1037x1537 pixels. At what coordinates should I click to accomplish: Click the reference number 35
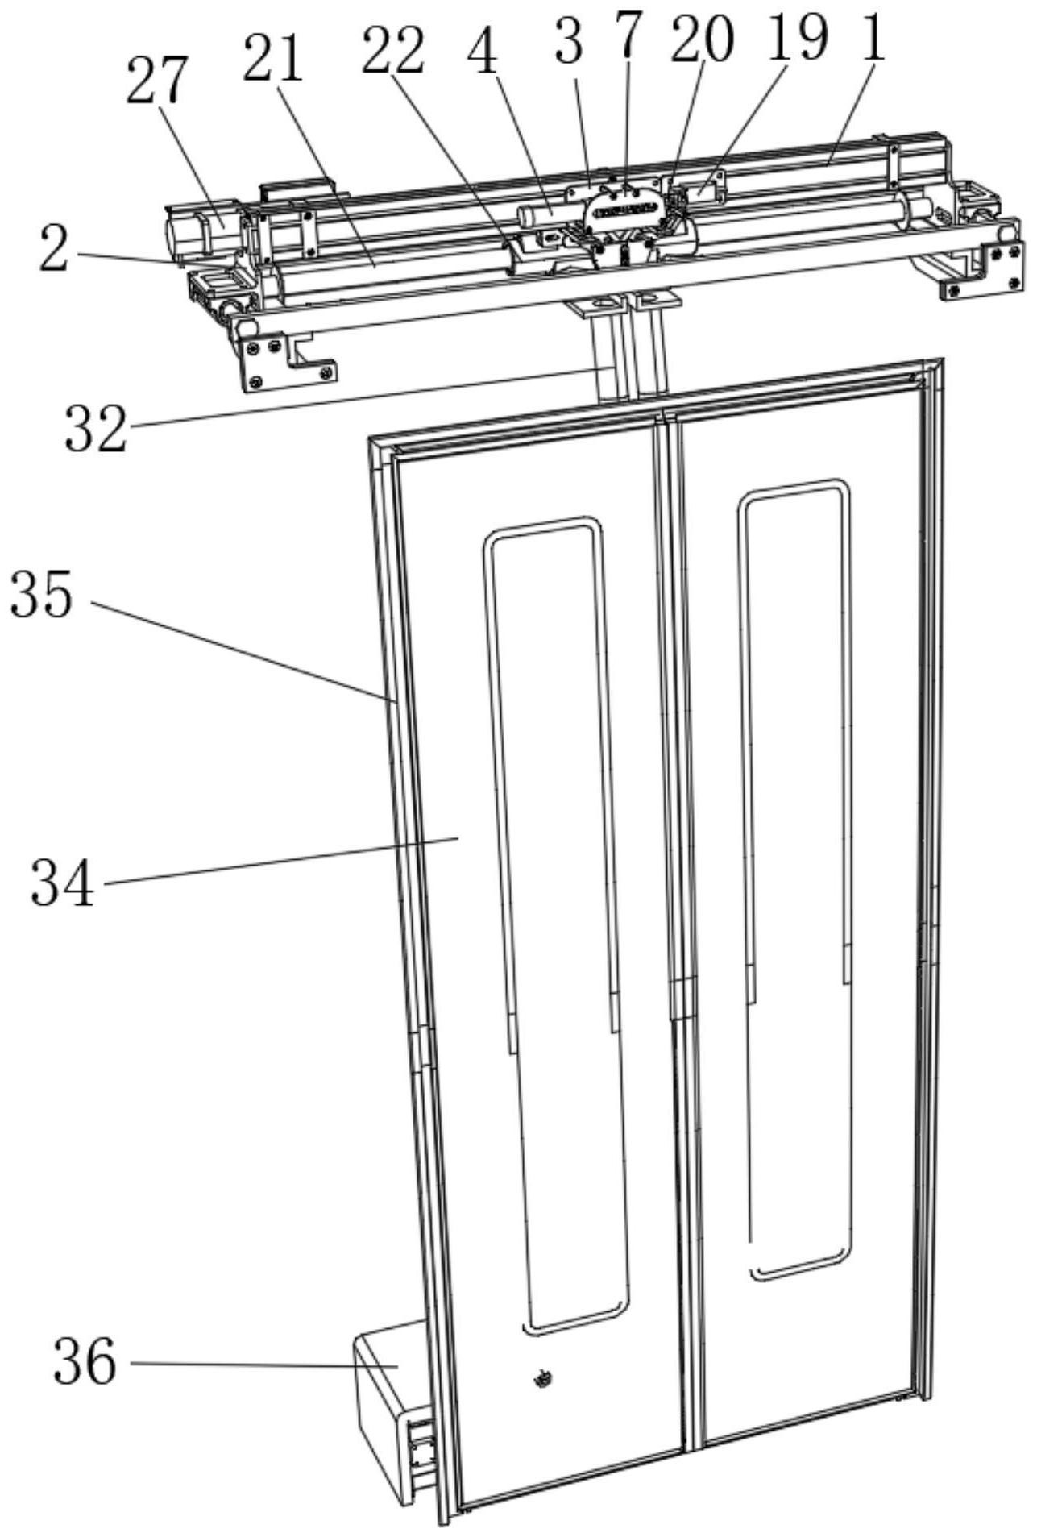(x=41, y=596)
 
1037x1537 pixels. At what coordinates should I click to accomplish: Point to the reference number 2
(x=54, y=252)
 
